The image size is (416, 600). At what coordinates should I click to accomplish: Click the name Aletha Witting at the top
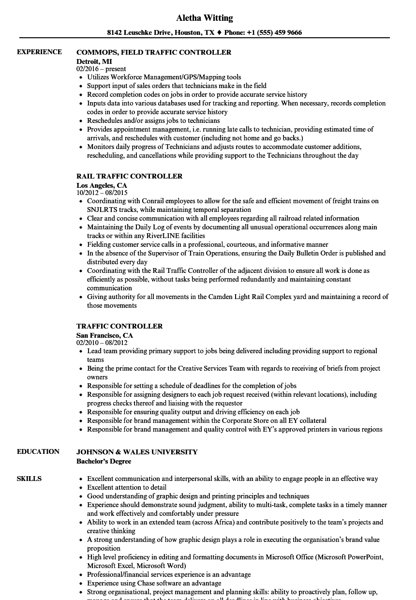pyautogui.click(x=204, y=18)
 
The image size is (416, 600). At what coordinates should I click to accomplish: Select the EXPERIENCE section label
pyautogui.click(x=39, y=52)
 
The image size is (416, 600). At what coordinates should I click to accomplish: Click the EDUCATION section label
pyautogui.click(x=38, y=451)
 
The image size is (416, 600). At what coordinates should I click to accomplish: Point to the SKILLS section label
pyautogui.click(x=29, y=479)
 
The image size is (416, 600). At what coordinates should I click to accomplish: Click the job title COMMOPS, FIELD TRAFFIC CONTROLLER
pyautogui.click(x=154, y=52)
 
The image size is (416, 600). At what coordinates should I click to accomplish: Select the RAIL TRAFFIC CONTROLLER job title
pyautogui.click(x=129, y=176)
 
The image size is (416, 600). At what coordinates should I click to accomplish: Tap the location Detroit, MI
pyautogui.click(x=94, y=61)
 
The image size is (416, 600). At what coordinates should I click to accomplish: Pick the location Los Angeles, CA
pyautogui.click(x=102, y=185)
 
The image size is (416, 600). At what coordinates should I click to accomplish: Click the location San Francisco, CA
pyautogui.click(x=104, y=335)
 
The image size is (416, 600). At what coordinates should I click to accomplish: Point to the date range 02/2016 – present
pyautogui.click(x=101, y=69)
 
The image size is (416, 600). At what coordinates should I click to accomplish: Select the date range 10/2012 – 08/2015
pyautogui.click(x=102, y=193)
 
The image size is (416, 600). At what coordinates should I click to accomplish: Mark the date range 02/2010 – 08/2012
pyautogui.click(x=102, y=343)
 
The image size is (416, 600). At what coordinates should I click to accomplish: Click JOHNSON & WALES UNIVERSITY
pyautogui.click(x=137, y=452)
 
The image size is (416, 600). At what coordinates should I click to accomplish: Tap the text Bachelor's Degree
pyautogui.click(x=104, y=461)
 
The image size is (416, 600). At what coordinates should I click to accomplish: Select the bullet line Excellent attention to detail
pyautogui.click(x=127, y=487)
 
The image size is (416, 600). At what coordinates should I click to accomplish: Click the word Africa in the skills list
pyautogui.click(x=214, y=522)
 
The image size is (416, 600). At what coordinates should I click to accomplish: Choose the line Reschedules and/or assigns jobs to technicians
pyautogui.click(x=153, y=120)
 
